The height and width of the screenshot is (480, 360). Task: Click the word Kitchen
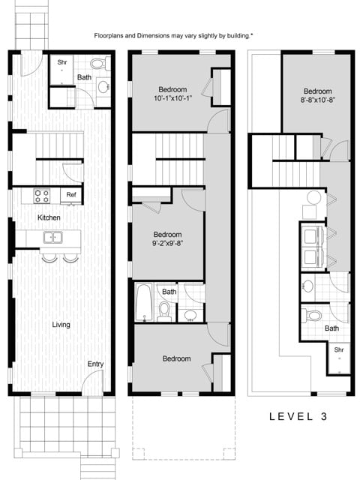(x=49, y=217)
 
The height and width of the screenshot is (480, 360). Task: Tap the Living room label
(x=61, y=325)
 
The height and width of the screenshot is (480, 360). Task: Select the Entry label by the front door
(x=95, y=364)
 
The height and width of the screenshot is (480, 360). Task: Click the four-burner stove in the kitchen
(x=41, y=196)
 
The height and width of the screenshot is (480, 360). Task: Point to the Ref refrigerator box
(x=71, y=195)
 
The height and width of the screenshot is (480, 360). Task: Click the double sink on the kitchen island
(x=52, y=238)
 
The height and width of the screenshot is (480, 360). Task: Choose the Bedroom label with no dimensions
(x=176, y=358)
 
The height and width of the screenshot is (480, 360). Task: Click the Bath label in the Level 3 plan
(x=331, y=328)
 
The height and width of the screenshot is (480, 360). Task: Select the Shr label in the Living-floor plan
(x=62, y=61)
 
